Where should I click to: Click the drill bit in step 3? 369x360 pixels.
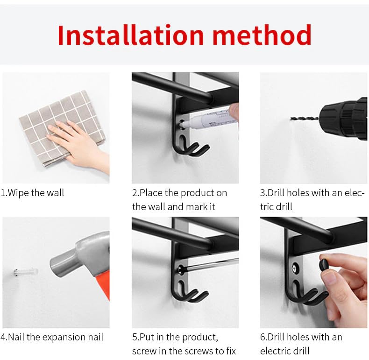(305, 118)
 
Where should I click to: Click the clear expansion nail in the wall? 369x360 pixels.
(25, 272)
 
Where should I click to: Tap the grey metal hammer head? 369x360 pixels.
(78, 256)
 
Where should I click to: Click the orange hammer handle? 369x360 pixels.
(103, 285)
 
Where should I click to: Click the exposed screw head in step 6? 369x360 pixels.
(295, 268)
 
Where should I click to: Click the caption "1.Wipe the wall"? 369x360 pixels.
(32, 193)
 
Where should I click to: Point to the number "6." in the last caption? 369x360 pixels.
(263, 337)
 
